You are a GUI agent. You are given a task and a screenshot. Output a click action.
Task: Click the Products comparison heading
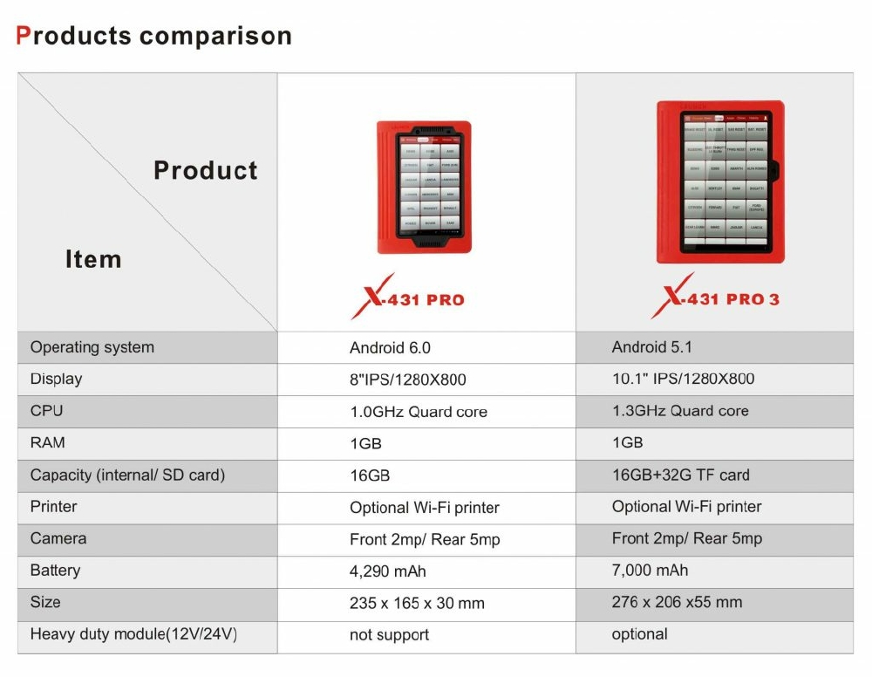point(154,37)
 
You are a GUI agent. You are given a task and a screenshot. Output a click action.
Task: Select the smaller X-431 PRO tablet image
point(425,188)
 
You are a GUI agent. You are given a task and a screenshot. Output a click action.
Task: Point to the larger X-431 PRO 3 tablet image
point(720,181)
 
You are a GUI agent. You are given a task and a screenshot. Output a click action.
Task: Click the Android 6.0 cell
point(390,347)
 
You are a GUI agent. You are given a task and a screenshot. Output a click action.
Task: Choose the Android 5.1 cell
point(652,347)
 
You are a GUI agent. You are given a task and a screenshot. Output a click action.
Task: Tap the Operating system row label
point(92,347)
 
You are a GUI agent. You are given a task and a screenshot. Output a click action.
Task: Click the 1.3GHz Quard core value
point(680,411)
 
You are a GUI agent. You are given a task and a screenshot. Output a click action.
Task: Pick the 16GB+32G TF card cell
point(680,475)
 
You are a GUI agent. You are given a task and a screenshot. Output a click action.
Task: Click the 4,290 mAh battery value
point(388,571)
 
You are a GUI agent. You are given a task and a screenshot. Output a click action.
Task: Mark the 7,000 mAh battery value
point(650,571)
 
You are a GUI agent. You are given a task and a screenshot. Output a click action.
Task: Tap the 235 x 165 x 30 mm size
point(417,603)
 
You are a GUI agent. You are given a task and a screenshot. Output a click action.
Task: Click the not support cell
point(389,635)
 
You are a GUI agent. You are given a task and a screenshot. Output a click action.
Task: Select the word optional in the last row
point(640,634)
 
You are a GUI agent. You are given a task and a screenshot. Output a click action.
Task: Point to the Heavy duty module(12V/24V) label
point(133,634)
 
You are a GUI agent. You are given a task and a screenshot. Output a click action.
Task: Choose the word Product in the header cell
point(206,170)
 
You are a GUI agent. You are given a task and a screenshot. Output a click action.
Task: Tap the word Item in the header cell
point(93,259)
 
